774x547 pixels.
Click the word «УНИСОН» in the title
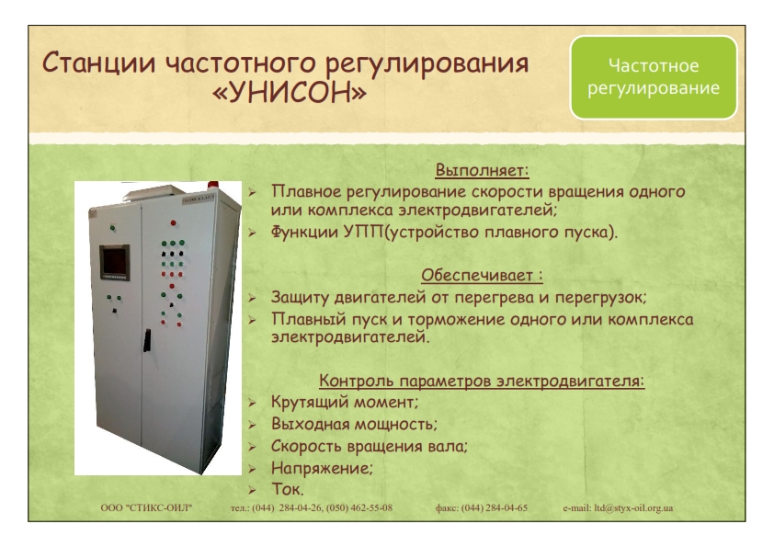[x=290, y=91]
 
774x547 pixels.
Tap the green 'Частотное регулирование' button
[x=654, y=77]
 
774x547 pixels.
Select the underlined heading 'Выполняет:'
[x=482, y=170]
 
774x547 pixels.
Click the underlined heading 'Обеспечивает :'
[x=482, y=275]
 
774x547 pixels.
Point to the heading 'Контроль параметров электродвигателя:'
[x=482, y=381]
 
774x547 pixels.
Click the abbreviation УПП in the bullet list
[x=363, y=232]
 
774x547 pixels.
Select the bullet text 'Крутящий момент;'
[x=345, y=402]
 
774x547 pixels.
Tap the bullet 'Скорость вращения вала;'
[x=370, y=446]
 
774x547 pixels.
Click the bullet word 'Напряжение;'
[x=322, y=468]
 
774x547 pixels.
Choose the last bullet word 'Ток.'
[x=288, y=489]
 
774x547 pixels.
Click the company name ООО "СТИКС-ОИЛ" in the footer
[x=146, y=507]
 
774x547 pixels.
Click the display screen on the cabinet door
[x=115, y=262]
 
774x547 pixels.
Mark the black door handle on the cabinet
[x=147, y=340]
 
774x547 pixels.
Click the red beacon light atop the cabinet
[x=212, y=186]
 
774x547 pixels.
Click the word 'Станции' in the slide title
[x=98, y=64]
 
